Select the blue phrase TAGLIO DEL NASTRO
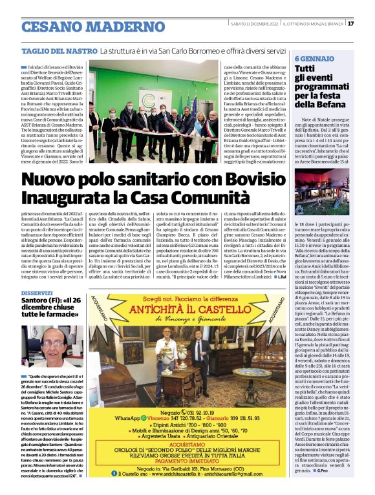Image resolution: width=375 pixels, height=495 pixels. click(x=59, y=50)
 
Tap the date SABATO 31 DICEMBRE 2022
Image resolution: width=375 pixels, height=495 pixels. click(x=244, y=23)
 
